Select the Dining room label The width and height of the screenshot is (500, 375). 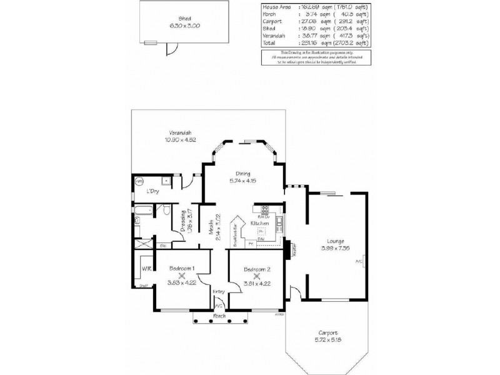(x=243, y=174)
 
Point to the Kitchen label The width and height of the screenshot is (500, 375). (x=259, y=223)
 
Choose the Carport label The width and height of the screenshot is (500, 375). (x=327, y=332)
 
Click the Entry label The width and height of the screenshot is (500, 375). (x=218, y=291)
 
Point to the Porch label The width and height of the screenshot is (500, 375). (x=219, y=316)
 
